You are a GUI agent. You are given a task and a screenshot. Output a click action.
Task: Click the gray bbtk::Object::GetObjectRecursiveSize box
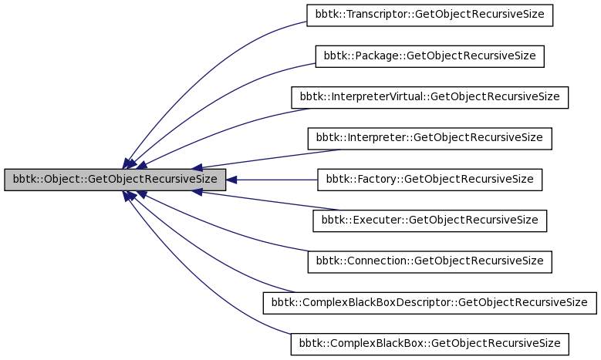point(115,180)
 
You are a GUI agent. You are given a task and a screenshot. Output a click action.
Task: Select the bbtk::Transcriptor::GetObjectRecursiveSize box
point(430,15)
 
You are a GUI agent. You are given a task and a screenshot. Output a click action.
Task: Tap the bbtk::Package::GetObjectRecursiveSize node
point(430,56)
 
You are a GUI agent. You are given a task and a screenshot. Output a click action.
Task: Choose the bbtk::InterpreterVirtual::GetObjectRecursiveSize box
point(430,97)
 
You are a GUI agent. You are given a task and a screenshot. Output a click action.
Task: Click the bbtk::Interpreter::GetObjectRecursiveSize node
point(430,139)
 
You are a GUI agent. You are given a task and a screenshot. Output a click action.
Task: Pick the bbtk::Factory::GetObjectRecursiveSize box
point(430,180)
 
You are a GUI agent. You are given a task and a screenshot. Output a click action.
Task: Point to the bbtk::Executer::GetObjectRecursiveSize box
point(430,220)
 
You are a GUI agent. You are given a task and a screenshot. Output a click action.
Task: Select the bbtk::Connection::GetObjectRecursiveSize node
point(430,262)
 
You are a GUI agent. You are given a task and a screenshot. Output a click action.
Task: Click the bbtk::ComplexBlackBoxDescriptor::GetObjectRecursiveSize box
point(430,303)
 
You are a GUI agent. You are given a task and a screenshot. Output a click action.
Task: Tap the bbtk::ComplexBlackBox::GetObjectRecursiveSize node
point(430,344)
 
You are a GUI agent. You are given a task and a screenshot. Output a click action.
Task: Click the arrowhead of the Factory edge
point(231,180)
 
